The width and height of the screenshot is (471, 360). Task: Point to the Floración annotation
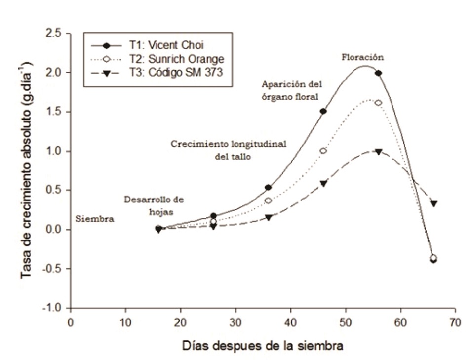tap(363, 57)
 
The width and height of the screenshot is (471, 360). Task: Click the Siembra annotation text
tap(95, 219)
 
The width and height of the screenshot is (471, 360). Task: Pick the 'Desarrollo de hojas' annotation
tap(154, 204)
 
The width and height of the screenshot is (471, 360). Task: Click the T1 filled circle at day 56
tap(378, 73)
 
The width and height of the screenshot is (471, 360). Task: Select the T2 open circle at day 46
tap(323, 151)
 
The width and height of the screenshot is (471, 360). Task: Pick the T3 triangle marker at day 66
tap(433, 203)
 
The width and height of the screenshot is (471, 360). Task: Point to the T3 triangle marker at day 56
tap(378, 152)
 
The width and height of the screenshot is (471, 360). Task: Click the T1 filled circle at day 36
tap(268, 187)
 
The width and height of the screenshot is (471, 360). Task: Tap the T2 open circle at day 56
tap(378, 103)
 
